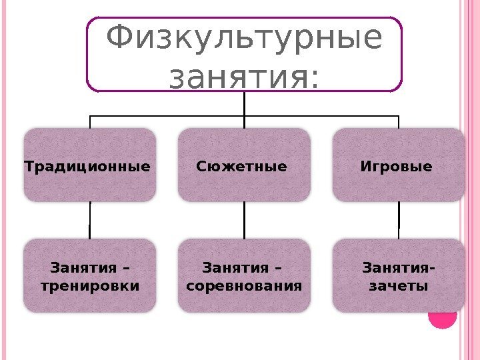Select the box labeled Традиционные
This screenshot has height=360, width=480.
89,165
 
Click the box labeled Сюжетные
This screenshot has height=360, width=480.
244,165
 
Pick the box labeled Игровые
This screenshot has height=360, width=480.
398,165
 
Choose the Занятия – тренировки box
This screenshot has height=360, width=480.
89,276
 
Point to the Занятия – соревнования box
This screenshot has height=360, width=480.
244,276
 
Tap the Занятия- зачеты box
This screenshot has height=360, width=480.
398,276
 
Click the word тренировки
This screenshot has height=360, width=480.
91,287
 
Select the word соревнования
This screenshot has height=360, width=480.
244,287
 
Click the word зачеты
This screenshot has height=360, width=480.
397,287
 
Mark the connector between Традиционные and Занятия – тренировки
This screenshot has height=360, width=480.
90,220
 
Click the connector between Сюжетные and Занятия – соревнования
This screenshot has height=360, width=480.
245,220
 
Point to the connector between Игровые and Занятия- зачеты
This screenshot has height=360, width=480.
399,220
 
